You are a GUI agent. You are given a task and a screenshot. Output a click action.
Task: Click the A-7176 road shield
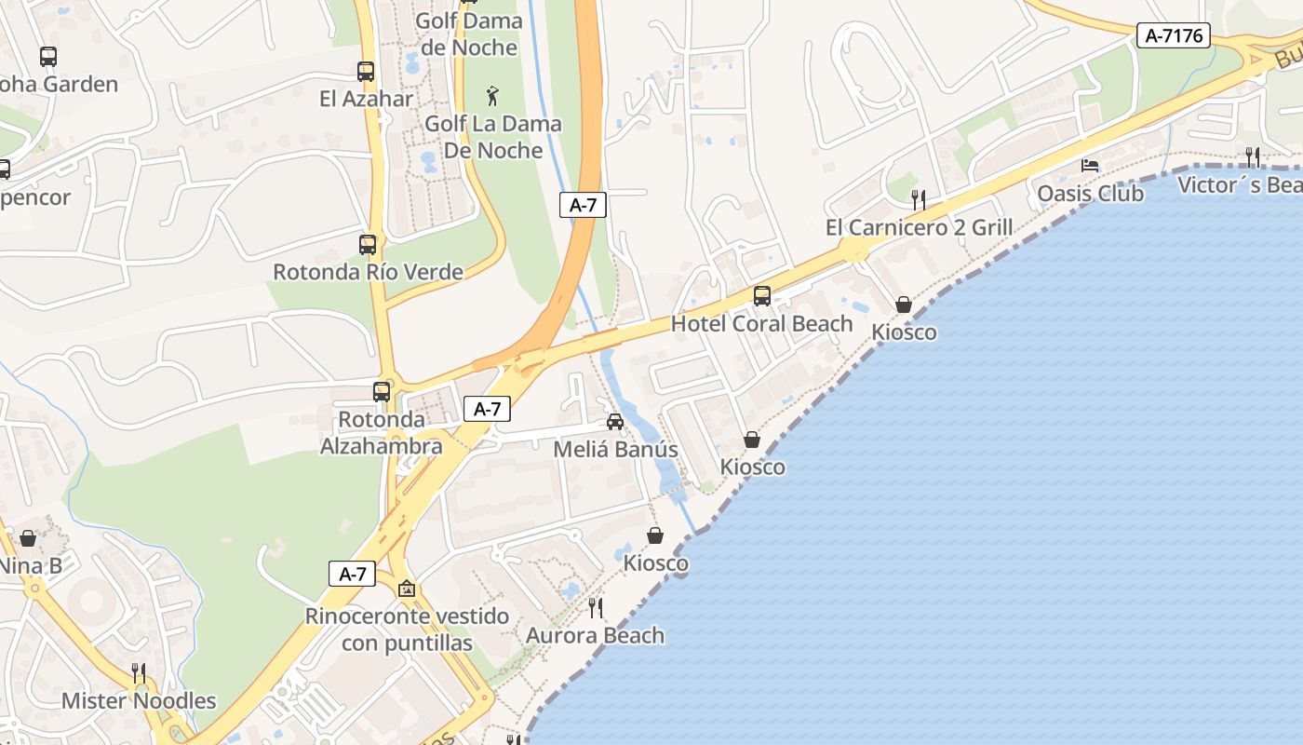(1173, 36)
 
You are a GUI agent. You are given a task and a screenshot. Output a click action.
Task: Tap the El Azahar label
(366, 98)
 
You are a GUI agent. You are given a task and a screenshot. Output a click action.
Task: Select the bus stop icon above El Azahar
(366, 71)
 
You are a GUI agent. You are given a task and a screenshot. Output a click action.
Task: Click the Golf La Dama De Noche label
(493, 137)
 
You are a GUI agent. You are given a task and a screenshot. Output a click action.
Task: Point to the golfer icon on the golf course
(492, 95)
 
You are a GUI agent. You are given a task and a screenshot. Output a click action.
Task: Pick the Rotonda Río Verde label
(368, 272)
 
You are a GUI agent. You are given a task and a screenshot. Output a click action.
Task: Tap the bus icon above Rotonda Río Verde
(368, 245)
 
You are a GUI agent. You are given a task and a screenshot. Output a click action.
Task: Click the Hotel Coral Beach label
(761, 323)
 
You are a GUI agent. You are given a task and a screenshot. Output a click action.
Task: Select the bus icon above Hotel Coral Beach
(761, 296)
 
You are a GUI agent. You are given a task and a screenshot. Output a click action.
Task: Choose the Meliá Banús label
(615, 449)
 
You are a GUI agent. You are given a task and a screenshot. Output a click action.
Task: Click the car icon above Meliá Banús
(615, 422)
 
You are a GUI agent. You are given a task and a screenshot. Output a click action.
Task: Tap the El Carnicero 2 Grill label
(919, 227)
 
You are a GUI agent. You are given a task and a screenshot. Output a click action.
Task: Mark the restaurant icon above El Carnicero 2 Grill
(919, 199)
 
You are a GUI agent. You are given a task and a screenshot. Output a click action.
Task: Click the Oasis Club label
(1090, 194)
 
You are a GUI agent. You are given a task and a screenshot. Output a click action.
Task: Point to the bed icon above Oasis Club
(1090, 166)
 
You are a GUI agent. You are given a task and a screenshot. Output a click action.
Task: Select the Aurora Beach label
(596, 635)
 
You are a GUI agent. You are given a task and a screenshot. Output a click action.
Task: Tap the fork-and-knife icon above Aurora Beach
(596, 608)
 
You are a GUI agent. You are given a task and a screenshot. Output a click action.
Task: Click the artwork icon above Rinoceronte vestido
(407, 589)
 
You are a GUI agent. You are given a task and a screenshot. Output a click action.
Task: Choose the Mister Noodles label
(139, 700)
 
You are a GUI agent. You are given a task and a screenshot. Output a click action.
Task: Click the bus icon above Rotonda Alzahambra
(382, 391)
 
